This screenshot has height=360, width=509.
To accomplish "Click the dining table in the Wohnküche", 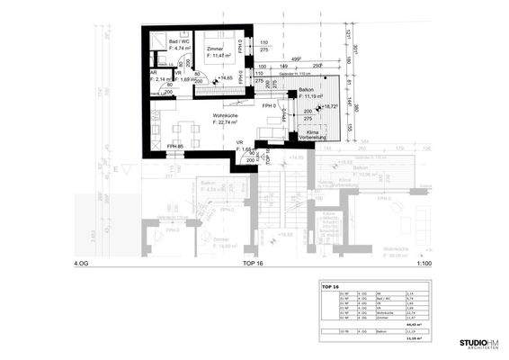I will coord(186,132).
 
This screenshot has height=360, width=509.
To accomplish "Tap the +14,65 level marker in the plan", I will coord(226,79).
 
